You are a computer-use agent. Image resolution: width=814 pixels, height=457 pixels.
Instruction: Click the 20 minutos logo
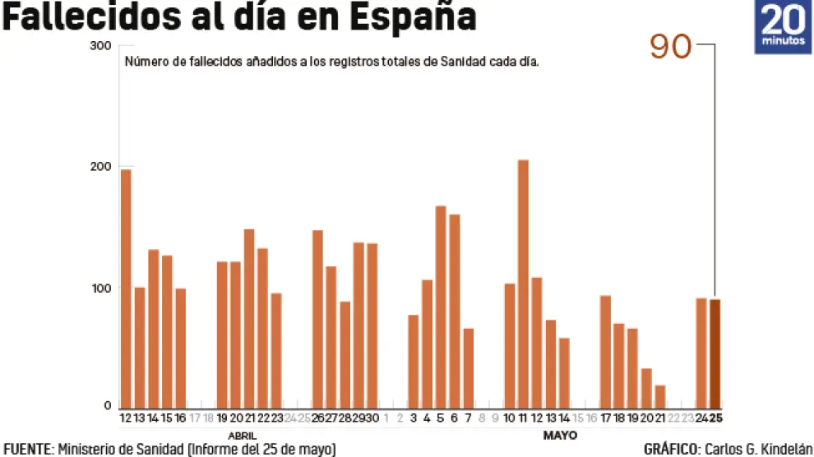[x=783, y=27]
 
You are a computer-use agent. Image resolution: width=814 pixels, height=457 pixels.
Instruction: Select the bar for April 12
[x=126, y=288]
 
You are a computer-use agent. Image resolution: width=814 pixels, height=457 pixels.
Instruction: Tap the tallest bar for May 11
[x=523, y=284]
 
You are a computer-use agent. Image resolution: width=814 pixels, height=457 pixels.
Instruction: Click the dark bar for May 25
[x=715, y=353]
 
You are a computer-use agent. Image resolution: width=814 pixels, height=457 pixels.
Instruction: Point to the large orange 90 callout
[x=670, y=48]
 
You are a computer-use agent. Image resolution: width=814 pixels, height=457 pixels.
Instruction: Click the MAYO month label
[x=560, y=435]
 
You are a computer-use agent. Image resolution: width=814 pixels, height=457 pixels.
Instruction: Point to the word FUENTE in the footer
[x=27, y=450]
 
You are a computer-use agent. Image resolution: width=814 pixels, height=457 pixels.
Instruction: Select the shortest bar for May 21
[x=660, y=396]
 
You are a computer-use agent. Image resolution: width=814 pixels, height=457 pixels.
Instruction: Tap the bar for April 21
[x=249, y=318]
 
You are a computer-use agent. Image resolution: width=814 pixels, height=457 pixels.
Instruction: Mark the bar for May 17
[x=605, y=352]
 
